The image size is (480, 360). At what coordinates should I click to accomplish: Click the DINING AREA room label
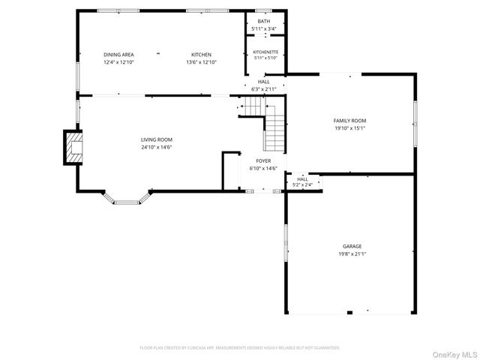pyautogui.click(x=118, y=55)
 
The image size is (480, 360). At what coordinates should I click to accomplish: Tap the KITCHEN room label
pyautogui.click(x=201, y=55)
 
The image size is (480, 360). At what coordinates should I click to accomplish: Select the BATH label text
pyautogui.click(x=263, y=21)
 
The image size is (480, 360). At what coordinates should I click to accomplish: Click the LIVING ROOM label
pyautogui.click(x=157, y=139)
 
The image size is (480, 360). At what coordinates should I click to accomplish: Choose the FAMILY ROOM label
pyautogui.click(x=349, y=121)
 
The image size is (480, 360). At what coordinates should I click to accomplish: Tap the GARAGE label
pyautogui.click(x=352, y=246)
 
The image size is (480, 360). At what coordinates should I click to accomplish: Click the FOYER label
pyautogui.click(x=263, y=160)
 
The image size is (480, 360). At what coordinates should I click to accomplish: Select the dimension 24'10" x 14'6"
pyautogui.click(x=157, y=147)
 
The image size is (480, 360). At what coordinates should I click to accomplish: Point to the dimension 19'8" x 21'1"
pyautogui.click(x=352, y=254)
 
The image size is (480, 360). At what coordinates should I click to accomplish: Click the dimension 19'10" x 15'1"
pyautogui.click(x=349, y=128)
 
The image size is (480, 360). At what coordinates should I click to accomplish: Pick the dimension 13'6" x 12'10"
pyautogui.click(x=201, y=62)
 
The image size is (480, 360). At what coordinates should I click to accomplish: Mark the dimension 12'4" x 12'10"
pyautogui.click(x=118, y=62)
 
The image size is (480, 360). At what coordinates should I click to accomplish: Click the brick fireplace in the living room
pyautogui.click(x=72, y=148)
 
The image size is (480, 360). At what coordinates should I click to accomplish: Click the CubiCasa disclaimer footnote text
pyautogui.click(x=240, y=347)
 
